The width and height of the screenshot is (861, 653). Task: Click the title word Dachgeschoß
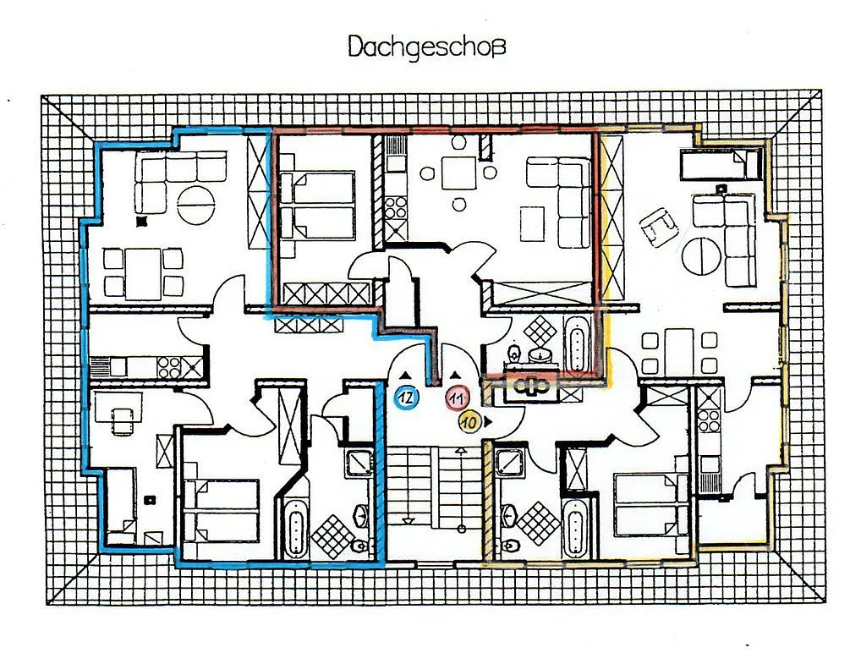[426, 47]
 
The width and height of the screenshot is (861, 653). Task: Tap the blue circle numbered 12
[407, 397]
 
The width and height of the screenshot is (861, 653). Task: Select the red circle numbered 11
[457, 398]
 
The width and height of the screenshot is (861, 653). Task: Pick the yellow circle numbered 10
[469, 422]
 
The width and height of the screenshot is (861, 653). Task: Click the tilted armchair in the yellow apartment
[658, 227]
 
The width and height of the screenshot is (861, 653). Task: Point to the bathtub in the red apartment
[576, 343]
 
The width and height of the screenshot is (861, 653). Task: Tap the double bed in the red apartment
[317, 206]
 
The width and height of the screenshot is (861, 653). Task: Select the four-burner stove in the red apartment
[395, 209]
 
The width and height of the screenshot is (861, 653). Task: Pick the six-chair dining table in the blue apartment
[143, 273]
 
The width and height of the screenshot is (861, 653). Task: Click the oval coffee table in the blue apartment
[195, 205]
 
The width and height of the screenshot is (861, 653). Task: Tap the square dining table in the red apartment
[458, 173]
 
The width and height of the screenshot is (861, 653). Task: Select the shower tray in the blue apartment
[359, 463]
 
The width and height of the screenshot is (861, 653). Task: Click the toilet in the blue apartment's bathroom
[359, 545]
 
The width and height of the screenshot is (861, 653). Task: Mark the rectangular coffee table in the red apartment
[532, 223]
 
